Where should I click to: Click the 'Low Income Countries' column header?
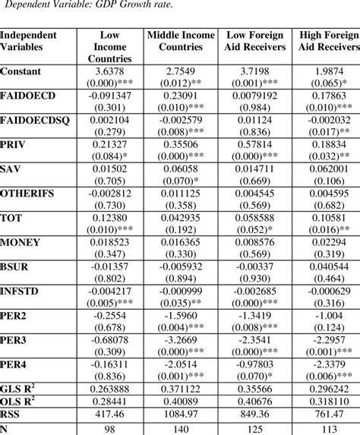[109, 47]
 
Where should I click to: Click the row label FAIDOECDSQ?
[36, 120]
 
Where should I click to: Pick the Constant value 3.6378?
[110, 71]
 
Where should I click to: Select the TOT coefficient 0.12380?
[110, 219]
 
